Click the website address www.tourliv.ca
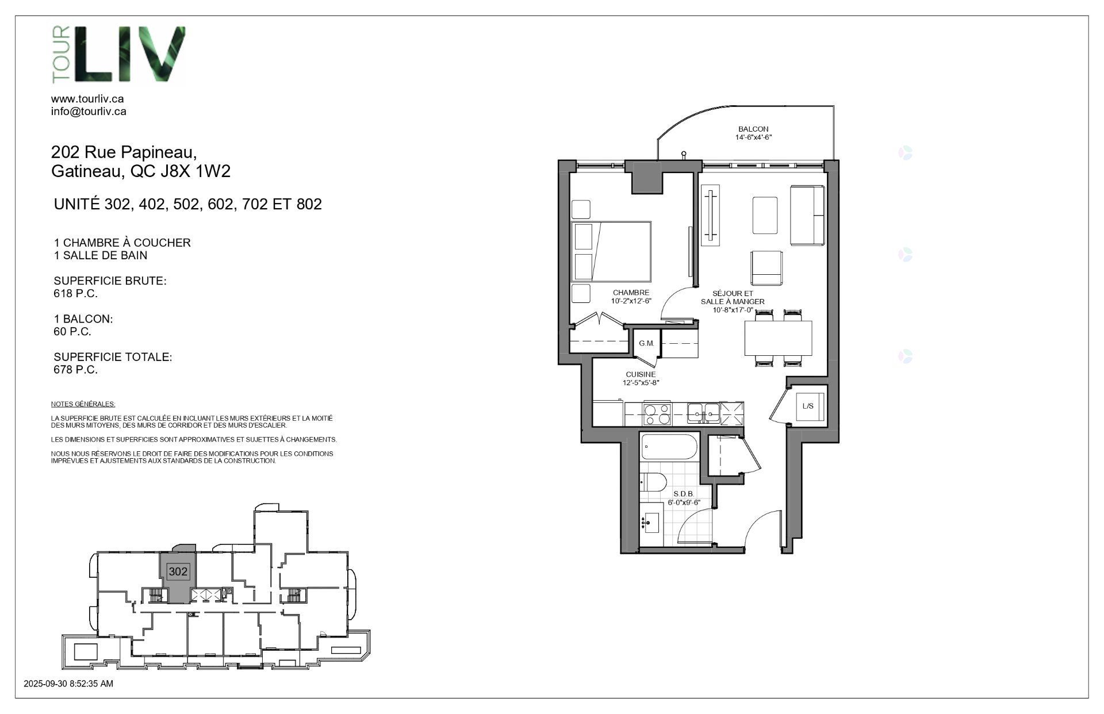[87, 99]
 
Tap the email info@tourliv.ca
[89, 112]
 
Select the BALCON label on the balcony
[753, 129]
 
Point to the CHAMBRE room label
[631, 293]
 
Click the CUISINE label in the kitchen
[641, 374]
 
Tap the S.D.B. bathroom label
[684, 494]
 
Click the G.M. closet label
[646, 343]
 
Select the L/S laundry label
[808, 406]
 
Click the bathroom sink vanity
[650, 523]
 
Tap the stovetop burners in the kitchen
[657, 414]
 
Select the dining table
[779, 337]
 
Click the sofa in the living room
[808, 215]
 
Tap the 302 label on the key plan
[178, 571]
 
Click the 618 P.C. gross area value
[75, 294]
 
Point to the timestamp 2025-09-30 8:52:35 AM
[68, 684]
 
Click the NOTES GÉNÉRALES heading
[83, 404]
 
